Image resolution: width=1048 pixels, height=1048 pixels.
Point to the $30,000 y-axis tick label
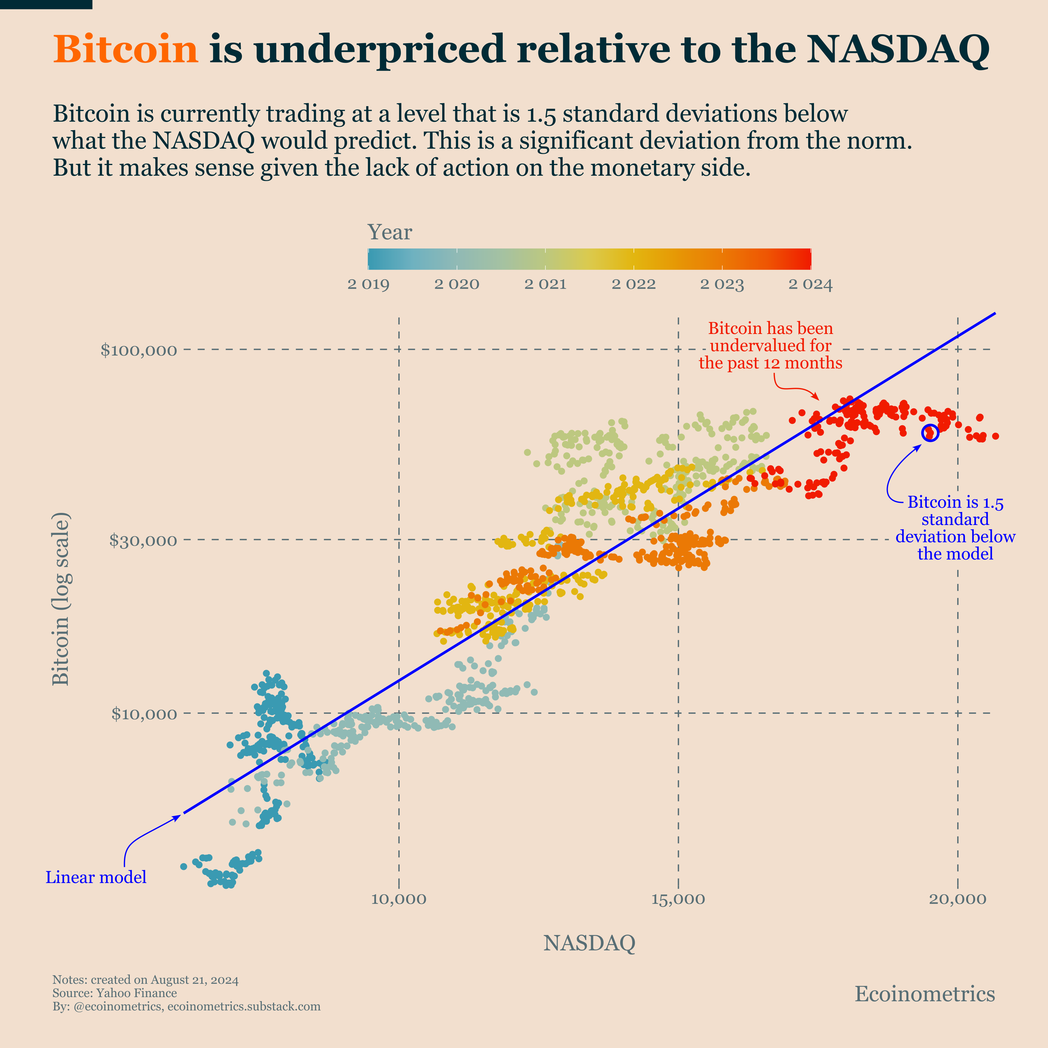pos(143,540)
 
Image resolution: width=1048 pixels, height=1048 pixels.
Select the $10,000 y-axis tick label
pos(144,714)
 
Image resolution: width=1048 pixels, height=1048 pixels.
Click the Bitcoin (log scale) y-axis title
pos(61,599)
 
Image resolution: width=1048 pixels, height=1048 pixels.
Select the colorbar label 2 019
pos(368,284)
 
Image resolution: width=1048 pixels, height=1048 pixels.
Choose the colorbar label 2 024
pos(810,284)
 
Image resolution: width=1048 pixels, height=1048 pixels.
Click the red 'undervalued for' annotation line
pos(770,345)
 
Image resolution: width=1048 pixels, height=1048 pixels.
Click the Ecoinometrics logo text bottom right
pos(925,994)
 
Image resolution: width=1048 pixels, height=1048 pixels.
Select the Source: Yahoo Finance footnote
pos(114,993)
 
